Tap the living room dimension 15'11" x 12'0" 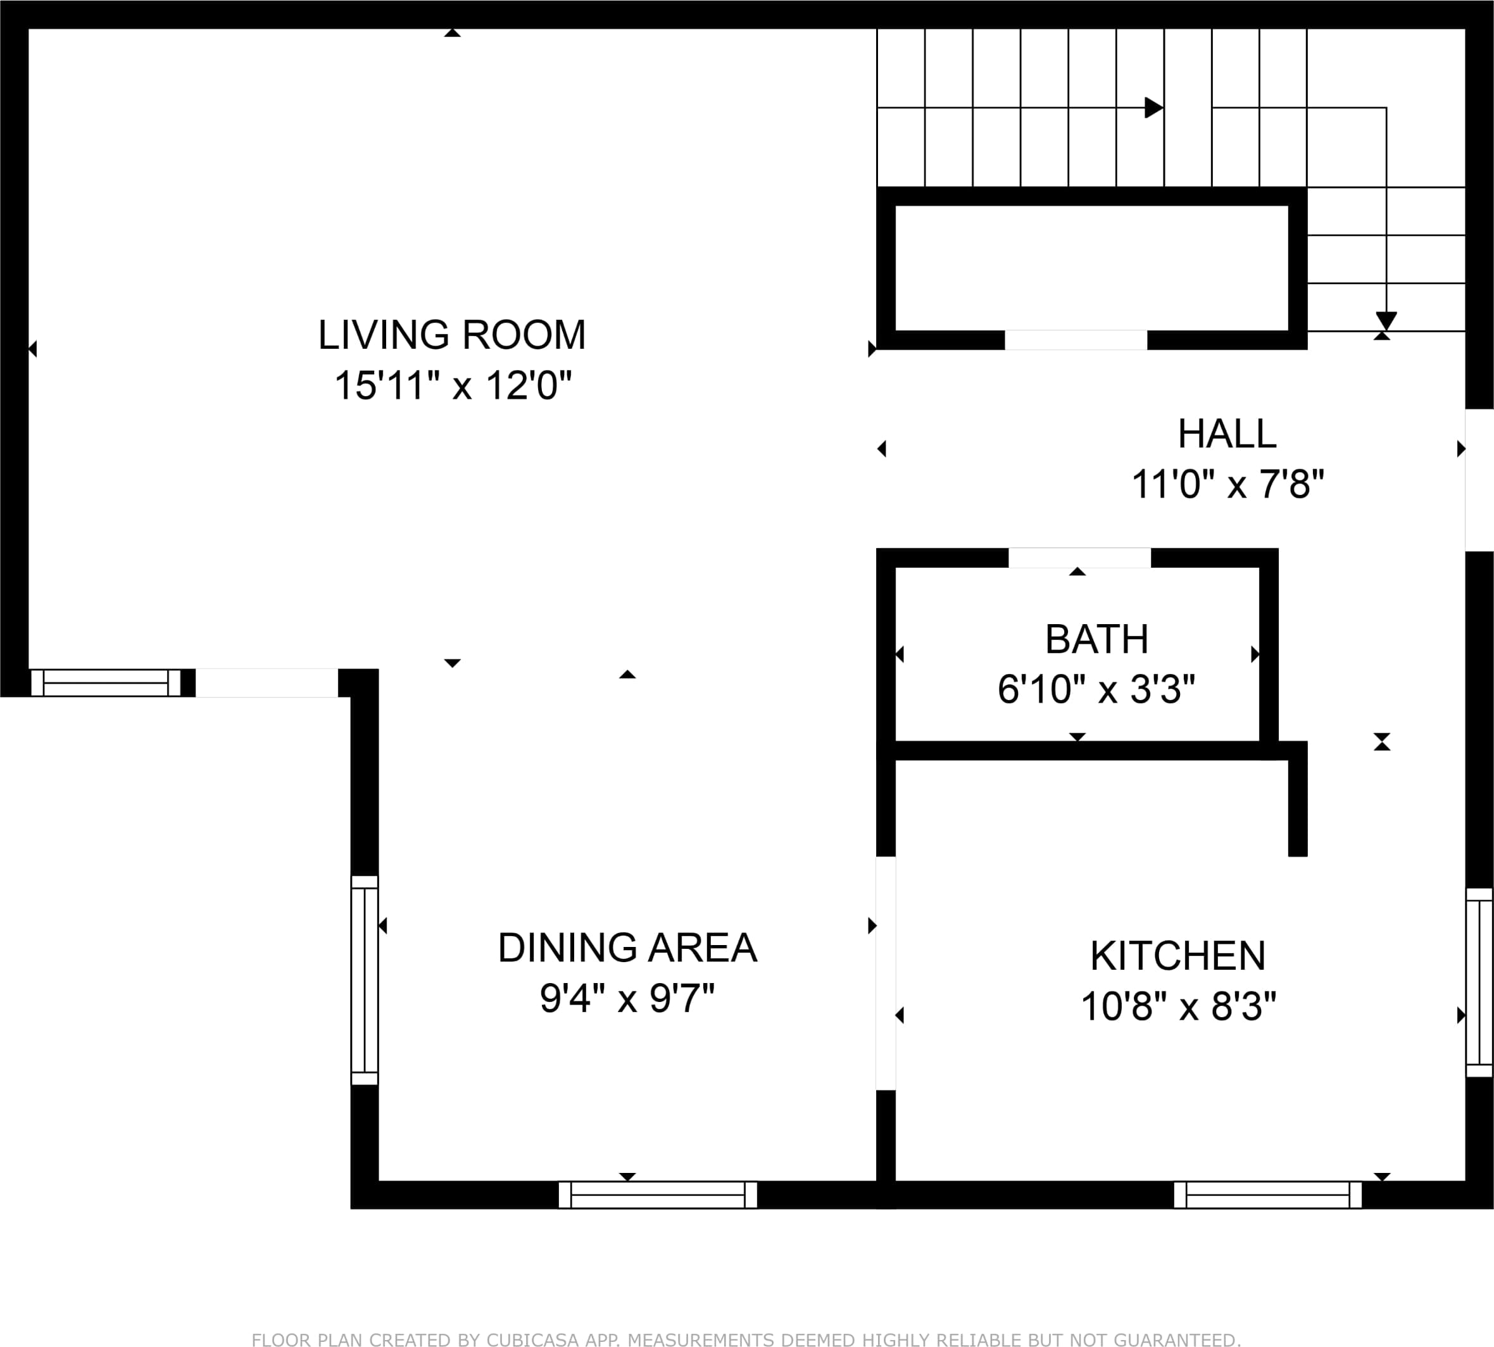[453, 385]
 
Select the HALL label [1227, 434]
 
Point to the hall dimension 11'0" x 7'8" [1227, 485]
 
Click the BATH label [1096, 639]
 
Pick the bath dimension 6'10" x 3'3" [1096, 689]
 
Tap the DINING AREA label [627, 948]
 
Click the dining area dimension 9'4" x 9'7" [627, 998]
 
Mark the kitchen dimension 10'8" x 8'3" [1179, 1006]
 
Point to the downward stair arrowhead [1386, 321]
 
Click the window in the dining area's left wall [364, 980]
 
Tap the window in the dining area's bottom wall [657, 1194]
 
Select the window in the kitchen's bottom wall [1267, 1194]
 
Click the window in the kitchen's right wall [1479, 983]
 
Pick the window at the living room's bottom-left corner [106, 682]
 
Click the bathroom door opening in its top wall [1079, 558]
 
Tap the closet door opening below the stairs [1076, 340]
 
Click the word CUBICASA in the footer [532, 1339]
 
